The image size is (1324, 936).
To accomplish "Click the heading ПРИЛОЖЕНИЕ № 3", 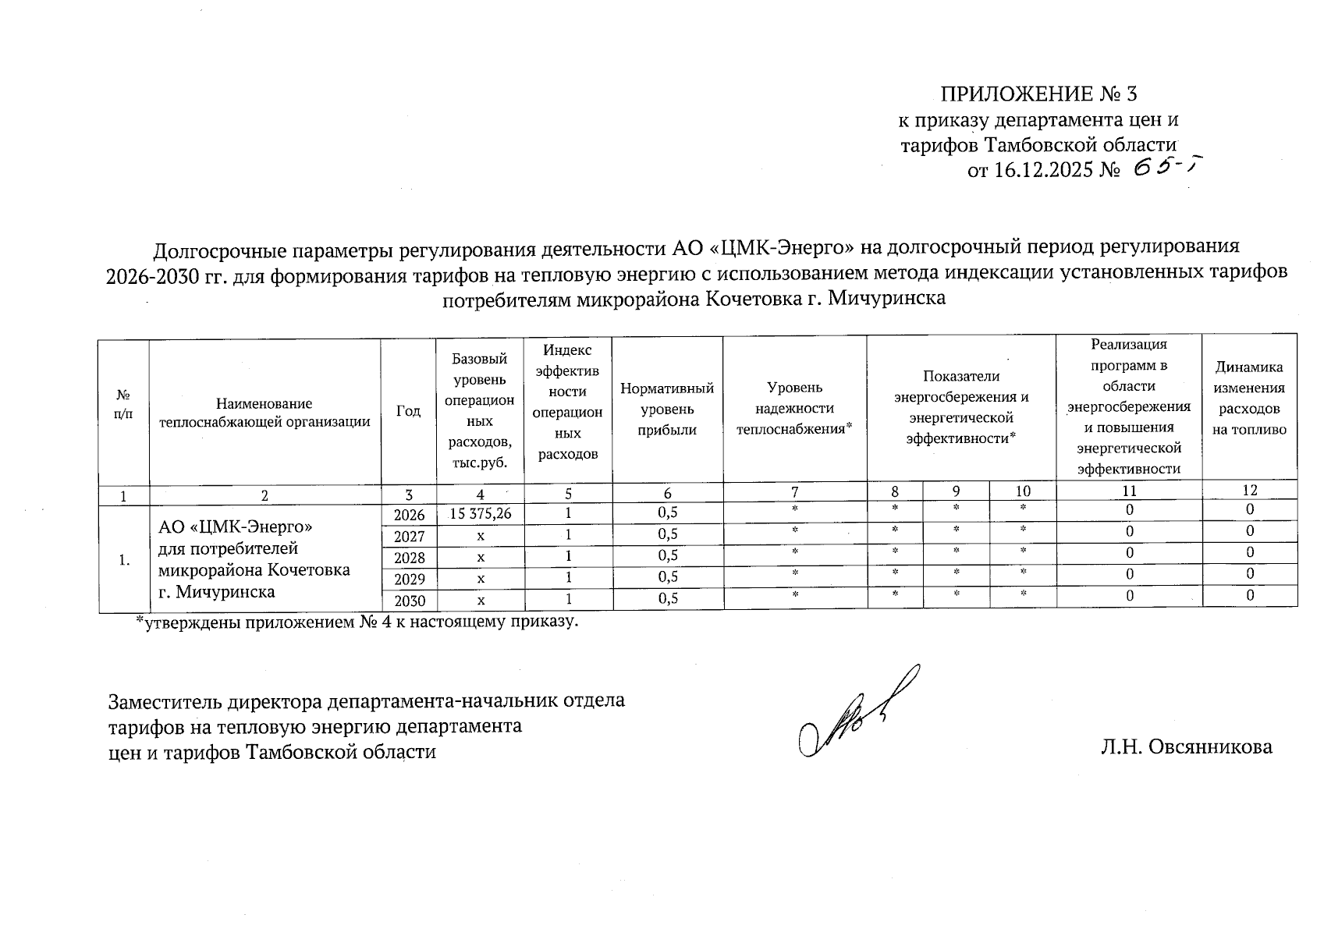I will point(1038,94).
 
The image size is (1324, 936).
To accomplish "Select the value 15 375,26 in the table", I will point(481,512).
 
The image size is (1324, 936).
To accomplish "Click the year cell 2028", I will point(409,558).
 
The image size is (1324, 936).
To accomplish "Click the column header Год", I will point(408,410).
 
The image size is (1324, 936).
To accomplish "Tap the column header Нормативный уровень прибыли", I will point(667,409).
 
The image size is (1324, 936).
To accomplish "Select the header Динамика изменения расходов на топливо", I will point(1248,398).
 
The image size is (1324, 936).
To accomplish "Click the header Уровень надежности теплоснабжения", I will point(794,408).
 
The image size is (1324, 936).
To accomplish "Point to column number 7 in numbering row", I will point(794,491).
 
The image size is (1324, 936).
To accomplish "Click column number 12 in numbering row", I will point(1249,490).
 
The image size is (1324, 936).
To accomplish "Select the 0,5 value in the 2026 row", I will point(667,512).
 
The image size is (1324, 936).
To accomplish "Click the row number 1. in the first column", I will point(123,559).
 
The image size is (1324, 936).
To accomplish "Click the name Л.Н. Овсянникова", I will point(1186,746).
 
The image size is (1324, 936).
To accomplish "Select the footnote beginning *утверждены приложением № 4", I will point(357,622).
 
